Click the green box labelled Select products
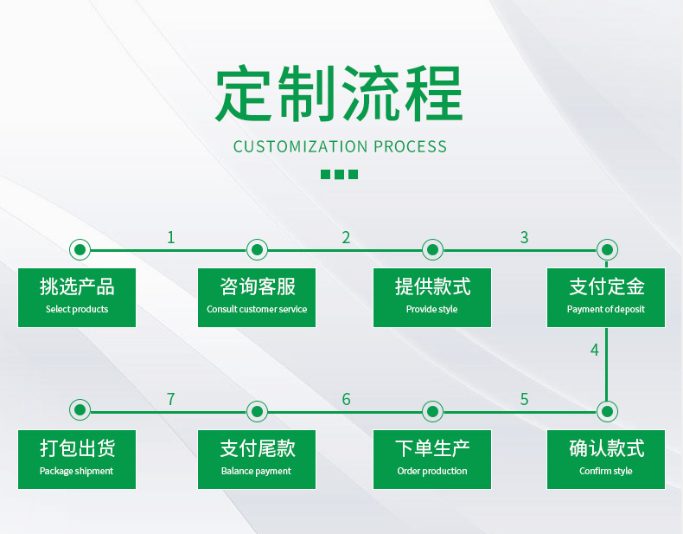coord(77,297)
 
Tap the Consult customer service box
coord(257,297)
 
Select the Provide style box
coord(432,297)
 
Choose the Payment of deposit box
coord(606,297)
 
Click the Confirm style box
coord(606,459)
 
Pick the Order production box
coord(432,459)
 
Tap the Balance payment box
coord(257,459)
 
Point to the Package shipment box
coord(77,459)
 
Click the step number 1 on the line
coord(171,237)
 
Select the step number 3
coord(524,237)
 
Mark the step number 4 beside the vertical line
coord(595,351)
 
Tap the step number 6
coord(346,399)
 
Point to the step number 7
coord(171,399)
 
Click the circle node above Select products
coord(80,250)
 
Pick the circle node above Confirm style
coord(607,410)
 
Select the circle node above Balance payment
coord(257,410)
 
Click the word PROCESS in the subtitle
coord(410,146)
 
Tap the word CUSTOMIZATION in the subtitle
coord(301,146)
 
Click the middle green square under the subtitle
coord(339,174)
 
